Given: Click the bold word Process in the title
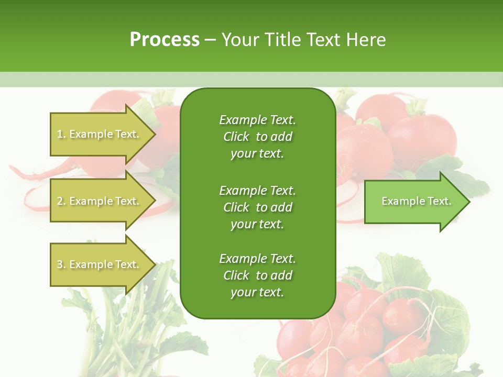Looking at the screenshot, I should (165, 40).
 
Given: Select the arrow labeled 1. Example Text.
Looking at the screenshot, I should (97, 134).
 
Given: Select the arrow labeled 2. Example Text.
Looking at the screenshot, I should (97, 201).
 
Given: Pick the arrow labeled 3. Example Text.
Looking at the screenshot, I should (97, 264).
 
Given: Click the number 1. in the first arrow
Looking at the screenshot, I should (61, 134).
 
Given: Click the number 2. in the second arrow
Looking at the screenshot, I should (61, 201).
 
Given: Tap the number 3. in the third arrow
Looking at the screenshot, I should (61, 264).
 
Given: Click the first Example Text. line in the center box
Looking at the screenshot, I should (257, 120).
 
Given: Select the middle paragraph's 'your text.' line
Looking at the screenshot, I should (257, 224).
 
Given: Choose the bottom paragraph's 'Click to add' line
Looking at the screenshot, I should (257, 275).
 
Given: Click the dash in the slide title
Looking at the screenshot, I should (210, 40).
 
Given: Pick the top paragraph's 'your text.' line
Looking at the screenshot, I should (257, 154).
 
